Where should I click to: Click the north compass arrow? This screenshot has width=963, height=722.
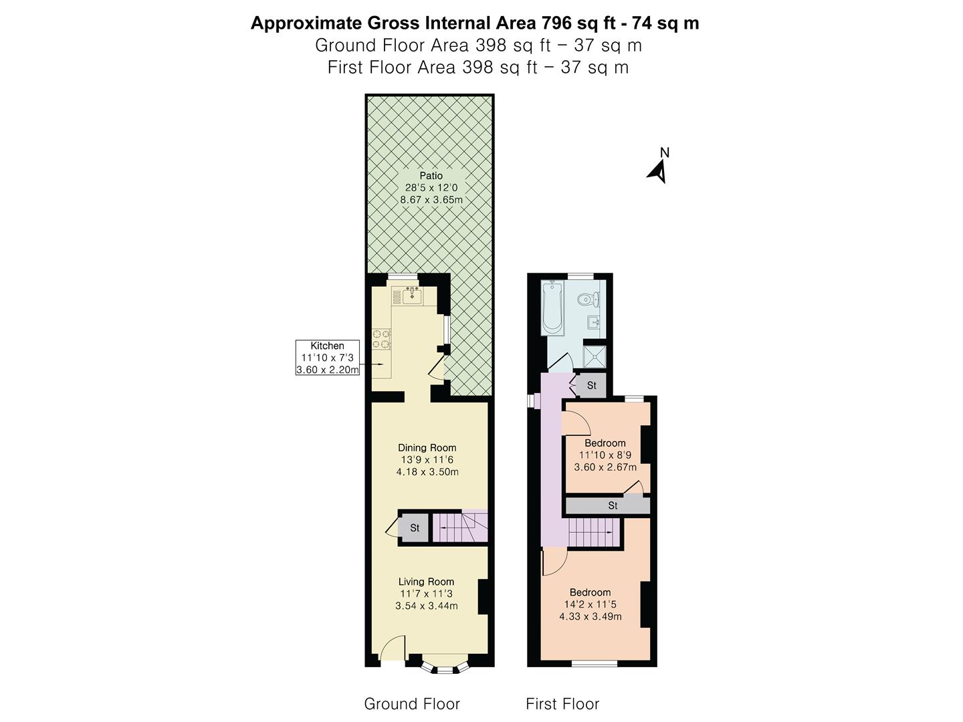pos(658,172)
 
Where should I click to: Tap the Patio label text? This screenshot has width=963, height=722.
pos(431,176)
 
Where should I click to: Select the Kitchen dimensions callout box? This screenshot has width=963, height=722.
pos(328,358)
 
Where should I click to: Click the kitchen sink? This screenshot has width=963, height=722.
pos(411,295)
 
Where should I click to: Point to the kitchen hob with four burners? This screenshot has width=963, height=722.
pos(382,339)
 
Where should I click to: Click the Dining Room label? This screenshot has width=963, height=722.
pos(427,448)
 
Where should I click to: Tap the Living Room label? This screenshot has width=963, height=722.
pos(426,582)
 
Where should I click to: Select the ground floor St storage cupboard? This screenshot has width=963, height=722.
pos(414,528)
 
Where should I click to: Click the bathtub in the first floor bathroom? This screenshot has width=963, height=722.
pos(552,308)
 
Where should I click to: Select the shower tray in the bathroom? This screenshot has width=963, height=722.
pos(594,356)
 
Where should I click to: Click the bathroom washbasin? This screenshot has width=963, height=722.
pos(595,323)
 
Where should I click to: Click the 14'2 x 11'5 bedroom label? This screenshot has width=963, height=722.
pos(590,604)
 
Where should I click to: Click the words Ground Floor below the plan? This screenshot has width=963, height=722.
pos(412,704)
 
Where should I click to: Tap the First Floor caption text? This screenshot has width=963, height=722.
pos(562,704)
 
